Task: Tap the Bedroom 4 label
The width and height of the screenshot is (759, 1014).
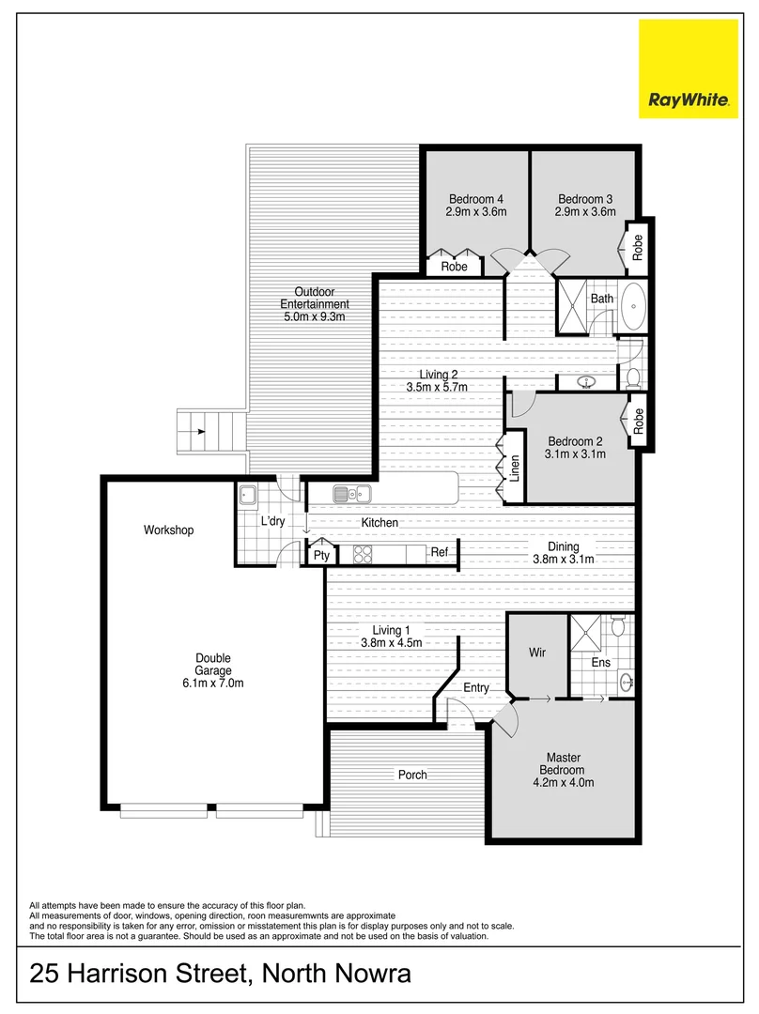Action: [476, 199]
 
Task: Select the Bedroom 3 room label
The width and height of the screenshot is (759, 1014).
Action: [585, 199]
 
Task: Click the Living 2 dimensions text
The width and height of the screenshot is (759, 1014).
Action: [437, 387]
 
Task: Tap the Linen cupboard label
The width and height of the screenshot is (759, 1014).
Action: [515, 468]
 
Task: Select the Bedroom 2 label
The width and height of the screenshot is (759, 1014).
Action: [575, 442]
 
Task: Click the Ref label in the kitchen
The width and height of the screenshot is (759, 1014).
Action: [440, 554]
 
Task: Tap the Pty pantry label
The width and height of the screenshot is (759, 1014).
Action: [321, 556]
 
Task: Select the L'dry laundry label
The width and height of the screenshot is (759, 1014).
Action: [273, 522]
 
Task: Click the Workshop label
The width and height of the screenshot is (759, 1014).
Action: [168, 530]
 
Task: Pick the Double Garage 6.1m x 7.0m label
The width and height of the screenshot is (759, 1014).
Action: [213, 670]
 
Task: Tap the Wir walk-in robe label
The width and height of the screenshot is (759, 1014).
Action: [536, 653]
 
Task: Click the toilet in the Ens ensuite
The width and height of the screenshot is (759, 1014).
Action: [618, 623]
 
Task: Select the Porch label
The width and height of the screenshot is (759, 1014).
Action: [412, 775]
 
